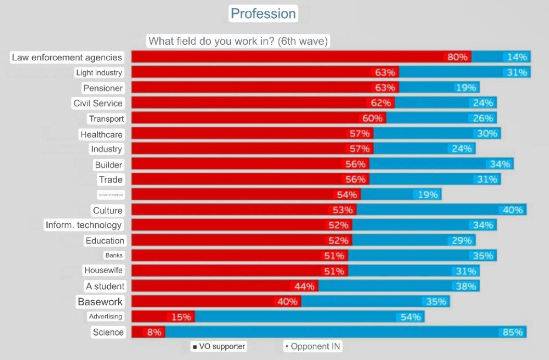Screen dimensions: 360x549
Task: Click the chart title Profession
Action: [263, 14]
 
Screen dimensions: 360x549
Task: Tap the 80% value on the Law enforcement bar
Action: [457, 57]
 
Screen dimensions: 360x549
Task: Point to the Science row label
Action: [108, 332]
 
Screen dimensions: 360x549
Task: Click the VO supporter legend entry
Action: [219, 346]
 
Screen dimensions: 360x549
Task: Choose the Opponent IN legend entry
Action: [314, 346]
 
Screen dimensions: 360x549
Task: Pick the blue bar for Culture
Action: [427, 210]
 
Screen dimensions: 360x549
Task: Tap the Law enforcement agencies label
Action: [67, 57]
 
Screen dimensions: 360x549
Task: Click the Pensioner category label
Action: [103, 88]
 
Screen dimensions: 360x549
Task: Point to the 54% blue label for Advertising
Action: [411, 317]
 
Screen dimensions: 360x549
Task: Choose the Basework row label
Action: [100, 302]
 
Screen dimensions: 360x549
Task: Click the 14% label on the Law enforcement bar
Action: [517, 57]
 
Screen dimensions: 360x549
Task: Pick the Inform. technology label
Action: [84, 225]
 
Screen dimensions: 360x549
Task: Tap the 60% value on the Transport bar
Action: [372, 118]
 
